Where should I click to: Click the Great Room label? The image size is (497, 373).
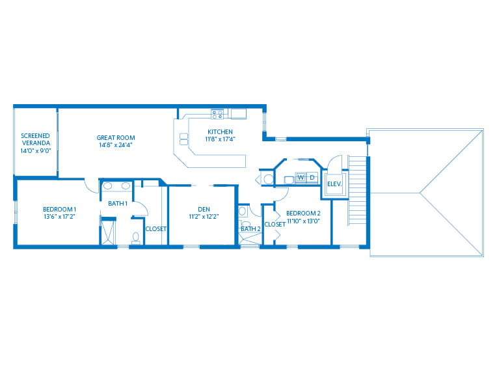(x=116, y=137)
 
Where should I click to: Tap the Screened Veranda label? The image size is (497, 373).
(x=36, y=139)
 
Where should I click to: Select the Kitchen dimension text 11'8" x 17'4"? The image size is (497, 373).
(x=221, y=139)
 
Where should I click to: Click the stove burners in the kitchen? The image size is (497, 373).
(x=217, y=114)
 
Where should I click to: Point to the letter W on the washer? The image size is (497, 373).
(x=301, y=177)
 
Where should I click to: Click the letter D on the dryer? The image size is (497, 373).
(x=312, y=177)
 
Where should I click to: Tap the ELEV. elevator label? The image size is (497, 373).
(x=334, y=184)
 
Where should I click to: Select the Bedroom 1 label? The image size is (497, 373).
(x=60, y=210)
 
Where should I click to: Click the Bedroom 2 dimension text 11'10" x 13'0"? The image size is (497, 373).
(x=303, y=221)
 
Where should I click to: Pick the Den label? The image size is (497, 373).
(x=204, y=210)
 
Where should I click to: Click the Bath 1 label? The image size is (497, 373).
(x=118, y=203)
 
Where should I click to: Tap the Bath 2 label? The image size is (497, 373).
(x=250, y=229)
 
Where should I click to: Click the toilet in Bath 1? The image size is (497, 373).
(x=136, y=238)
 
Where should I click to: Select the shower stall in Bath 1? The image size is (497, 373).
(x=108, y=232)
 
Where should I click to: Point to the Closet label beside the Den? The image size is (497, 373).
(x=155, y=229)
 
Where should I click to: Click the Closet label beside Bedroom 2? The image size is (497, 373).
(x=275, y=224)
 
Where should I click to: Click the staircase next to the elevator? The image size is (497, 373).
(x=357, y=190)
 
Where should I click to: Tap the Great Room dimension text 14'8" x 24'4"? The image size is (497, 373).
(x=116, y=145)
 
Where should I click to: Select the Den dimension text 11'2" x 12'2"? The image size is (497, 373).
(x=204, y=217)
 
